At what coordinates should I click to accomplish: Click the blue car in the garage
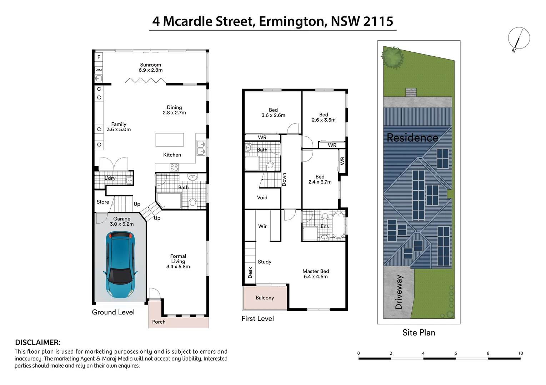click(120, 265)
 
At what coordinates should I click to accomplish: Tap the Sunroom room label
click(150, 65)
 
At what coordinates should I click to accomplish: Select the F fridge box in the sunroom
click(99, 57)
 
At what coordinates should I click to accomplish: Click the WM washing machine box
click(99, 70)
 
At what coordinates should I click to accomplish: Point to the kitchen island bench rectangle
click(170, 140)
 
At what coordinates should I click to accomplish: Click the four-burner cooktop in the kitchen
click(174, 168)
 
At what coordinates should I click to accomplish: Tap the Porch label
click(159, 322)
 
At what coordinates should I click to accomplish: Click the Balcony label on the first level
click(265, 298)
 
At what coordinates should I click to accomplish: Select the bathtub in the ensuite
click(338, 225)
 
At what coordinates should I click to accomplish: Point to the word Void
click(262, 197)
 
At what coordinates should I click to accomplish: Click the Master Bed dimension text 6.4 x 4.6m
click(316, 277)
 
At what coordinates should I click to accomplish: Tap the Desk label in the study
click(250, 273)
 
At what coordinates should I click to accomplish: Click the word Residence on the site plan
click(412, 138)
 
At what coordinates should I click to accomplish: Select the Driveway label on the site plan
click(399, 292)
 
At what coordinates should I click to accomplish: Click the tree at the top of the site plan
click(392, 57)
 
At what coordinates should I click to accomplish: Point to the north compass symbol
click(519, 38)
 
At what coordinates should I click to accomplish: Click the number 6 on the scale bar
click(456, 353)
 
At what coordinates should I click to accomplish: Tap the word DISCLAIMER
click(37, 343)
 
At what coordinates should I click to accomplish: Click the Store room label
click(102, 202)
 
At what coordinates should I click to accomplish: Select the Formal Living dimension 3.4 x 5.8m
click(178, 267)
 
